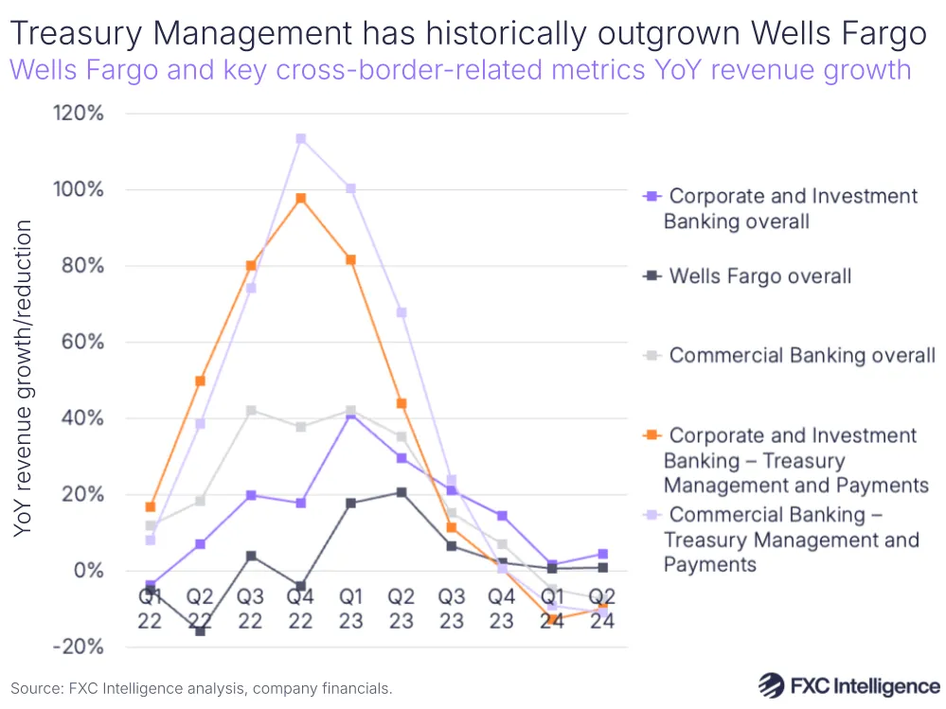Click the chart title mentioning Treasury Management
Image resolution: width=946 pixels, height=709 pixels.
(468, 34)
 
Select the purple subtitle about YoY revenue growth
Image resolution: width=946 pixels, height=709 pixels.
(460, 70)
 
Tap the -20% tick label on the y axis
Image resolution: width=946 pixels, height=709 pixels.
(78, 647)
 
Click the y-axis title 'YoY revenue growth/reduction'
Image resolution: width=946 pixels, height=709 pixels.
(24, 379)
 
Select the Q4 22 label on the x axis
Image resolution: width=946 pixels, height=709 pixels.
(301, 609)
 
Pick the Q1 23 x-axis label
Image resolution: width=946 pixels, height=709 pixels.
(350, 609)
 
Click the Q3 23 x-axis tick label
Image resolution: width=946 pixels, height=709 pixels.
(451, 609)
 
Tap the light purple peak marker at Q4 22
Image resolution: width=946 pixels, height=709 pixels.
(301, 139)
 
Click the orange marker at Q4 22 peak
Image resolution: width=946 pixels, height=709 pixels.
(301, 199)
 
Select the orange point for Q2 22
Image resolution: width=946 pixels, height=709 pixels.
(201, 381)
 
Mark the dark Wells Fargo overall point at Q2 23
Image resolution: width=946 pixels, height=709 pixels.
(402, 492)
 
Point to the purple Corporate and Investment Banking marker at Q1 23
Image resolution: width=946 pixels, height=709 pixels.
(351, 414)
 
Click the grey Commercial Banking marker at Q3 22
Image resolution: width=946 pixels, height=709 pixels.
(251, 411)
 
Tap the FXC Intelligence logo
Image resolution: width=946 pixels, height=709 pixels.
(849, 685)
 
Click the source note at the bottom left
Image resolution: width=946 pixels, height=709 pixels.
(202, 688)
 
